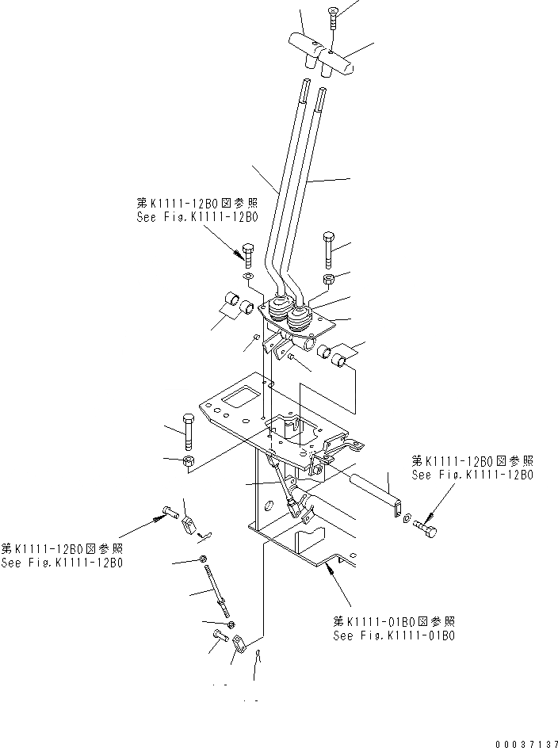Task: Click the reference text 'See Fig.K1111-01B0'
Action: pos(393,635)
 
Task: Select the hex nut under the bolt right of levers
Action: pos(329,279)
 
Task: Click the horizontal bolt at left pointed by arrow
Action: pos(169,513)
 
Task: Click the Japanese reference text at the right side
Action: pos(472,460)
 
